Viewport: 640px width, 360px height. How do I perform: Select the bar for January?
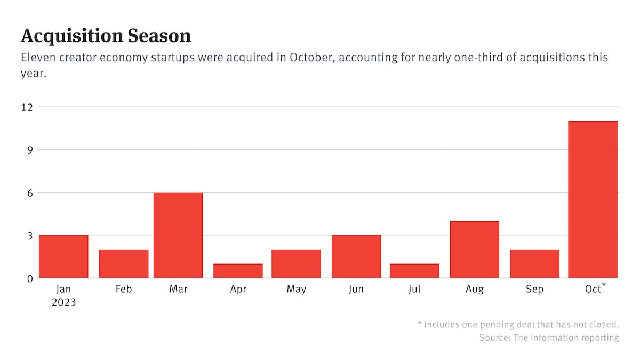63,257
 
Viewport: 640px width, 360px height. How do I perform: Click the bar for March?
178,235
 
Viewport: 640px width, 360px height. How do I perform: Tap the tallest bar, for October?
593,199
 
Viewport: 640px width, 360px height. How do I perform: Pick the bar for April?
238,271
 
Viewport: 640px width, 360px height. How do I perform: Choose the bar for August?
475,250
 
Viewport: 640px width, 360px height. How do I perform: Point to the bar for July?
414,271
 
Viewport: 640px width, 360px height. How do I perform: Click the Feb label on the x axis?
123,289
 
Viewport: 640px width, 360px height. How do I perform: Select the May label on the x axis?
296,289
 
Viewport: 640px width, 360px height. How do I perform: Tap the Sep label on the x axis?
534,289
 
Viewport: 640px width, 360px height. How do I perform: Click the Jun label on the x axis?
356,289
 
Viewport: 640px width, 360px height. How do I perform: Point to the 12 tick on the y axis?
27,107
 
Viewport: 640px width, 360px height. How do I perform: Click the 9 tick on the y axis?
29,149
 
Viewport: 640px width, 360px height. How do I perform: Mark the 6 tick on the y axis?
29,193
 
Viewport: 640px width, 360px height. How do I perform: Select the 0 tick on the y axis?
29,278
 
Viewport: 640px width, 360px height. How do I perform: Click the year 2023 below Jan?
64,302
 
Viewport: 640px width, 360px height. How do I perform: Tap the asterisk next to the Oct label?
604,286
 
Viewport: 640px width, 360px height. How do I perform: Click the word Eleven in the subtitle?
38,58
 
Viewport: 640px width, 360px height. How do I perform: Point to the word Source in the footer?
494,338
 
